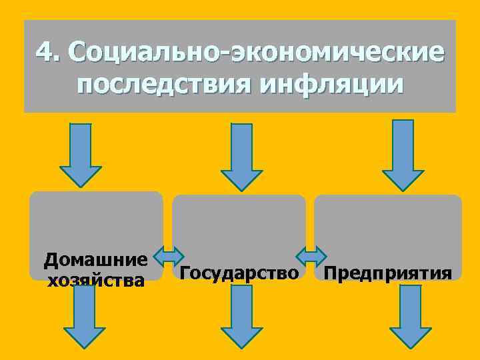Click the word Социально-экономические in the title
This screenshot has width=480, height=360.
click(256, 51)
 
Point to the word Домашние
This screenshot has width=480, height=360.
click(95, 258)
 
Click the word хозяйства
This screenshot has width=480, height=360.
click(95, 280)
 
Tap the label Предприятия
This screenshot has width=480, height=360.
click(387, 273)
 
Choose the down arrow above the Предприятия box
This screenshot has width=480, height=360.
click(403, 155)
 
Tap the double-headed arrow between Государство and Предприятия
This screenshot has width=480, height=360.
click(311, 257)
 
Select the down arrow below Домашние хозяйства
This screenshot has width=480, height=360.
click(85, 317)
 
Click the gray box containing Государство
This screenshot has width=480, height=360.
click(239, 227)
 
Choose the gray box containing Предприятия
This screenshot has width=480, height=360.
click(387, 227)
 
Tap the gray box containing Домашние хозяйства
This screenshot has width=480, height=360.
click(96, 220)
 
